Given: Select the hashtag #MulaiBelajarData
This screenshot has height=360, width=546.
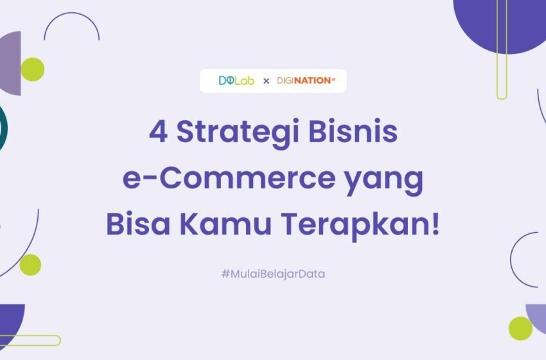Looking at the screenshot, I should point(273,274).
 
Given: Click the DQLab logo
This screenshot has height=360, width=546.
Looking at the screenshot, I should point(236,81).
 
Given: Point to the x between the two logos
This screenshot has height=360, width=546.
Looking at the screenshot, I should point(266,82).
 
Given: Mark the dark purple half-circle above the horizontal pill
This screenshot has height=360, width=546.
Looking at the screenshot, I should point(11,321).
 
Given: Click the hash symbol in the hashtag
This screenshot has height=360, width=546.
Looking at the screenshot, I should point(225,274).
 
